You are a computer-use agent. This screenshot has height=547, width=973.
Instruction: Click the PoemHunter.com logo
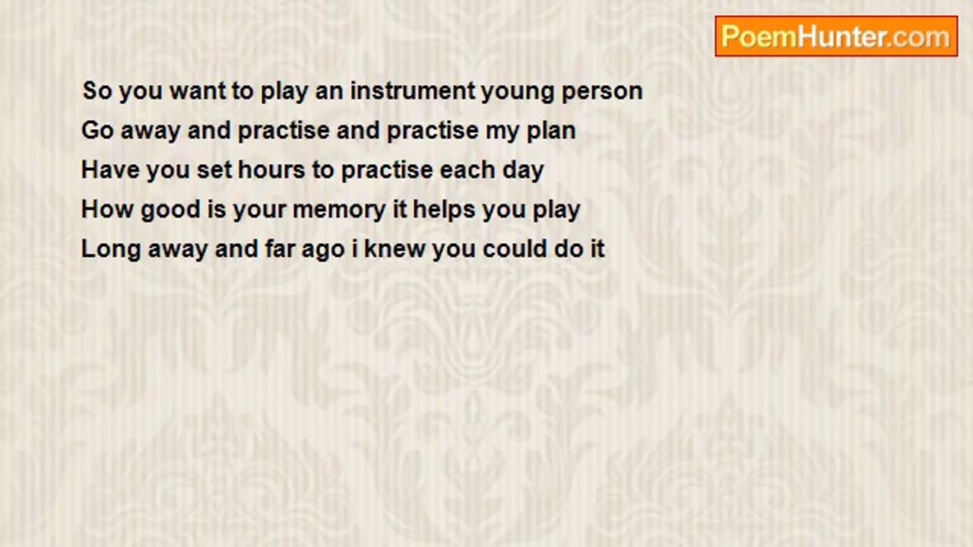836,36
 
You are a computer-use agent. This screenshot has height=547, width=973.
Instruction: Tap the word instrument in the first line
413,90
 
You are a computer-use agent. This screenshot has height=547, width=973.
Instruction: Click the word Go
98,130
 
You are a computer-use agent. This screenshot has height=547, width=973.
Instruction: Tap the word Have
110,169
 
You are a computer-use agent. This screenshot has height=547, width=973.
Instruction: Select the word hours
271,169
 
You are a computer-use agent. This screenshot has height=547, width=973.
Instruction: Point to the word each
467,169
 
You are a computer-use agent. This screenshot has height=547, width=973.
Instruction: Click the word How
108,209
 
